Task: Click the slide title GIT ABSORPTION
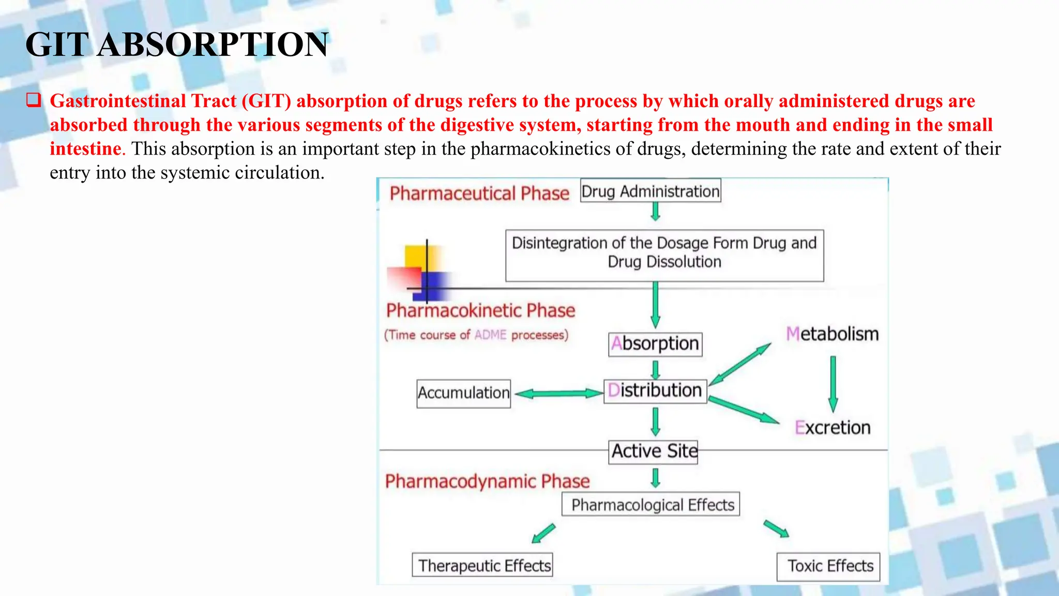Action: tap(177, 44)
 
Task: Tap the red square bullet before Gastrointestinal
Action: tap(34, 99)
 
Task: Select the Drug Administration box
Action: tap(650, 191)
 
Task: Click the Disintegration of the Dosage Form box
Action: tap(664, 256)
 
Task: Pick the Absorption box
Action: tap(655, 344)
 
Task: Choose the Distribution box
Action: tap(655, 391)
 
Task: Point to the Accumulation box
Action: tap(463, 393)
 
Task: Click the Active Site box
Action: tap(654, 452)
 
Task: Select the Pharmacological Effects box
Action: tap(651, 504)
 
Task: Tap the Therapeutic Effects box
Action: tap(482, 565)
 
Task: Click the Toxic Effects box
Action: tap(828, 566)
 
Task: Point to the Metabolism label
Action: tap(832, 334)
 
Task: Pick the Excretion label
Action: tap(832, 428)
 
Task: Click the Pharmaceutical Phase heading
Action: tap(479, 193)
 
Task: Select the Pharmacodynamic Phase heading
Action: tap(487, 482)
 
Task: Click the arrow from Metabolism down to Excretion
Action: tap(833, 383)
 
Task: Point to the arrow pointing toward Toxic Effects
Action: tap(776, 529)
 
